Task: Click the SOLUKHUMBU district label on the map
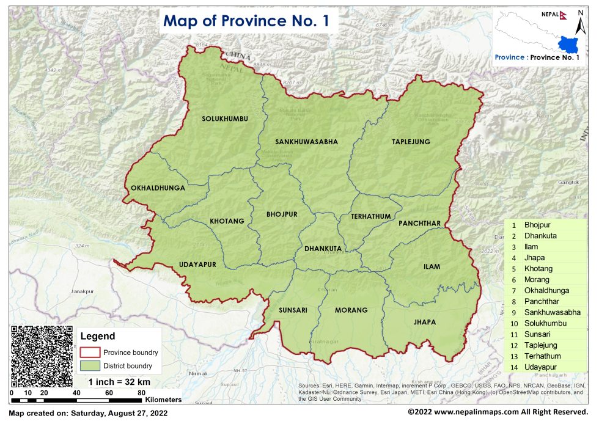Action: coord(225,119)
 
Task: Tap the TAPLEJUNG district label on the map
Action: coord(411,142)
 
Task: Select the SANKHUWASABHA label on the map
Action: coord(306,142)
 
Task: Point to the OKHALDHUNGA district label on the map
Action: coord(158,189)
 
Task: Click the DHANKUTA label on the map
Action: coord(323,249)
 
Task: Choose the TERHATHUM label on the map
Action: coord(370,217)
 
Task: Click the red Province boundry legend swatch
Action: coord(89,353)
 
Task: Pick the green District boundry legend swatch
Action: coord(89,367)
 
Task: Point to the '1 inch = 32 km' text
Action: coord(119,382)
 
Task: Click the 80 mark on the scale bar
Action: coord(141,393)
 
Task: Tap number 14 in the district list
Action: coord(514,367)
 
